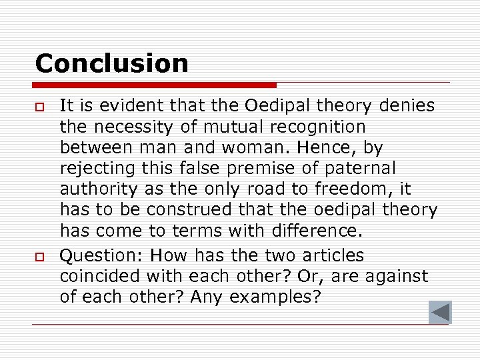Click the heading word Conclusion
pos(111,63)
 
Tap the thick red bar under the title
pos(155,85)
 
